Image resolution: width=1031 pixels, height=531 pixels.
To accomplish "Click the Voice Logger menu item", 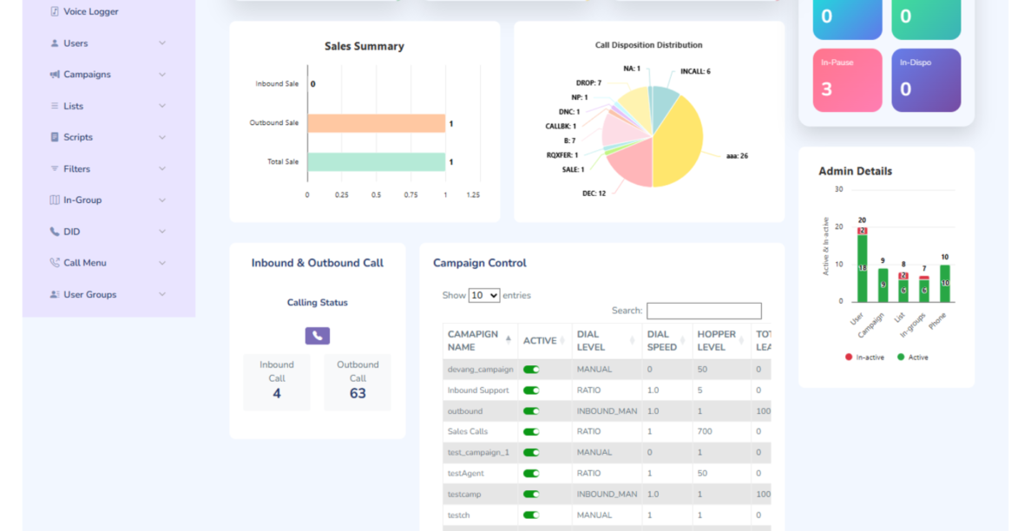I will coord(90,12).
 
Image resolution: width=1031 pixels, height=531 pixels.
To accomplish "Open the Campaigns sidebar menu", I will coord(87,75).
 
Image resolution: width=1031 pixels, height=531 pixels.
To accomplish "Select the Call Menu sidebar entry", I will coord(84,263).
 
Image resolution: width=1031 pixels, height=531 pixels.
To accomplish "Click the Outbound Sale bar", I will coord(376,123).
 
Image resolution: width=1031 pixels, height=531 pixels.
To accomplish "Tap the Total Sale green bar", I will coord(376,162).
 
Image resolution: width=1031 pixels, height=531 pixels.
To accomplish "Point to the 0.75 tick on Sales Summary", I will coord(410,195).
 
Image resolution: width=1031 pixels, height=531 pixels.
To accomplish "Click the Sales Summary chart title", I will coord(364,47).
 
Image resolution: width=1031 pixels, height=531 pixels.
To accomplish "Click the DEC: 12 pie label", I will coord(594,193).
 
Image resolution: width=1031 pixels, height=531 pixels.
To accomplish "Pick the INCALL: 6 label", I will coord(695,71).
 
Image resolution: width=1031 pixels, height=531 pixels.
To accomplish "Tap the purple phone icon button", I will coord(318,336).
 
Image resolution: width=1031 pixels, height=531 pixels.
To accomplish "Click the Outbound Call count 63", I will coord(358,394).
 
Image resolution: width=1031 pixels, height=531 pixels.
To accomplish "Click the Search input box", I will coord(704,311).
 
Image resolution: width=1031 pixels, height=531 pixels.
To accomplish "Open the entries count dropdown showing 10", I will coord(484,295).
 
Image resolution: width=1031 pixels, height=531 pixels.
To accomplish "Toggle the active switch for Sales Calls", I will coord(531,432).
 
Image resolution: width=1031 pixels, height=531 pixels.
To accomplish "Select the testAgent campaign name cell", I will coord(466,474).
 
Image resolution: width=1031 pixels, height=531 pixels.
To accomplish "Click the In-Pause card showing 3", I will coord(847,80).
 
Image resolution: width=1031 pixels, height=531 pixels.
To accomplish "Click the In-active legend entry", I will coord(864,357).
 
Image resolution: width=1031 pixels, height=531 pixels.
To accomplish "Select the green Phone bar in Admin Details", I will coord(944,284).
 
